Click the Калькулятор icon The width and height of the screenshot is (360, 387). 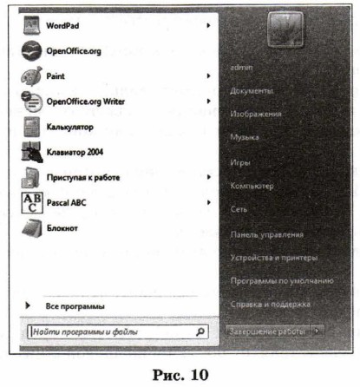click(x=31, y=127)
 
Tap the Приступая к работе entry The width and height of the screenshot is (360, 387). click(x=83, y=178)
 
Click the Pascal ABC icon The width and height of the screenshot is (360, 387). click(x=31, y=203)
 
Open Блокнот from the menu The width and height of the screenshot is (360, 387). click(x=62, y=228)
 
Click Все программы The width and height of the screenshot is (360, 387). click(x=75, y=306)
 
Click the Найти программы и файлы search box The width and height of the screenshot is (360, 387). click(x=108, y=331)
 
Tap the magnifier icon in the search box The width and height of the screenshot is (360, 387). click(x=200, y=331)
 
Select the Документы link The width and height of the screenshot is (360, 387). click(x=252, y=90)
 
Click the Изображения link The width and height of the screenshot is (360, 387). click(x=257, y=114)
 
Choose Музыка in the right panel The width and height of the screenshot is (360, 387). click(x=245, y=138)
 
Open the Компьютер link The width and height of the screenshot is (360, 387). click(x=252, y=186)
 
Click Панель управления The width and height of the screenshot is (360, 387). click(x=266, y=234)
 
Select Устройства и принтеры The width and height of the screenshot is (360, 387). click(x=273, y=258)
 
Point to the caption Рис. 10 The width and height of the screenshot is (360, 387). click(x=180, y=371)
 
